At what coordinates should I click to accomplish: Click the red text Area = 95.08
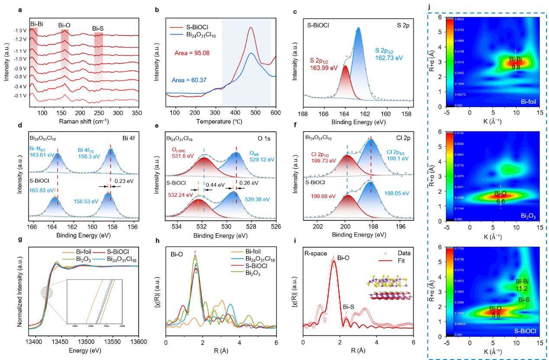(192, 53)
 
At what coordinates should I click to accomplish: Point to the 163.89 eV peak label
(323, 67)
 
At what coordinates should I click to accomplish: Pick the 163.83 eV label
(42, 190)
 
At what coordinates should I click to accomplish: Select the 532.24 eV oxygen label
(181, 195)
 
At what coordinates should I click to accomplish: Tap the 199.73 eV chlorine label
(323, 160)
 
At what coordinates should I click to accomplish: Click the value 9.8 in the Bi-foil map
(516, 67)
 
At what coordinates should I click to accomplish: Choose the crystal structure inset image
(389, 286)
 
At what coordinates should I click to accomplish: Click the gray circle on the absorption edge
(47, 292)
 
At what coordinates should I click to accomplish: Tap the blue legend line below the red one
(177, 34)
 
